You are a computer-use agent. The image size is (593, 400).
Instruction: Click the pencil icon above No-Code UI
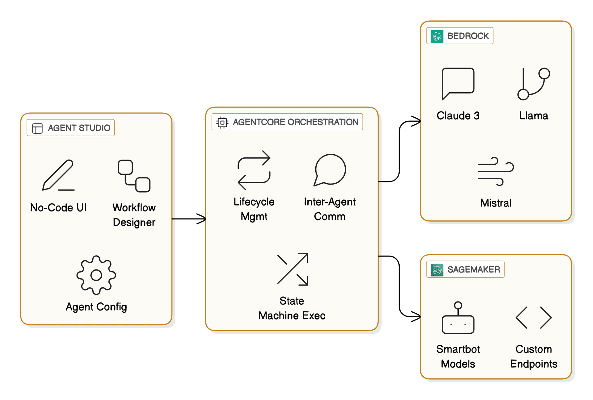coord(58,175)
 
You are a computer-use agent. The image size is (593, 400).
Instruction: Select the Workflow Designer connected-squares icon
coord(134,176)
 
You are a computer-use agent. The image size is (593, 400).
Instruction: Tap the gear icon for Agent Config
coord(96,275)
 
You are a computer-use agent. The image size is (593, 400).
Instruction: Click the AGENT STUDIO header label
coord(79,128)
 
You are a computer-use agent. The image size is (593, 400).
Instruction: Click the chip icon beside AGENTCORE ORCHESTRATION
coord(222,122)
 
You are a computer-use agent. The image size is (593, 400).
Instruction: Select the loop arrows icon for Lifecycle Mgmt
coord(254,170)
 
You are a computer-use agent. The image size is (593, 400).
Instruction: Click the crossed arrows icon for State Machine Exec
coord(292,269)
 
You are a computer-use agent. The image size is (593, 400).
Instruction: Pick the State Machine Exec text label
coord(292,308)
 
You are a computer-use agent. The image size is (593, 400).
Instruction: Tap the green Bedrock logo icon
coord(437,36)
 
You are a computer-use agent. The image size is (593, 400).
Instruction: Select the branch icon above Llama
coord(533,84)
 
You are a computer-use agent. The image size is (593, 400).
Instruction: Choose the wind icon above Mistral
coord(495,171)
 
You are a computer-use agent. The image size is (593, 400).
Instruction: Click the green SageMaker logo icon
coord(437,270)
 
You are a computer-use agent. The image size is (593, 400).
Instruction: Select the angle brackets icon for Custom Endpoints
coord(533,317)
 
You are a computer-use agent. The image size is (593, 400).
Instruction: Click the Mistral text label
coord(495,203)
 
